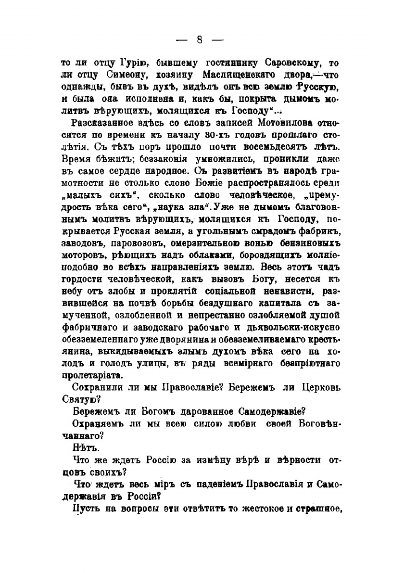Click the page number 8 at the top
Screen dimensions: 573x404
click(201, 40)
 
